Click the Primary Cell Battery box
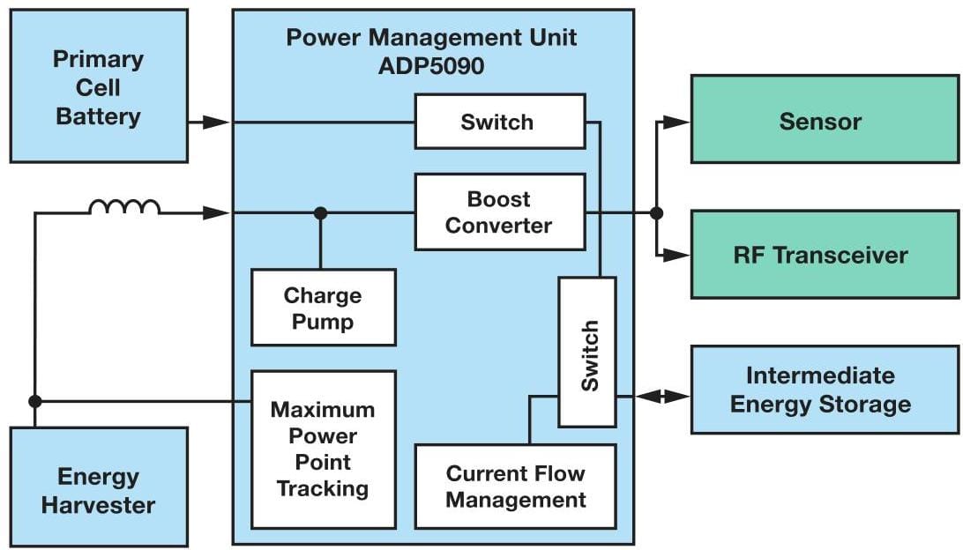[99, 86]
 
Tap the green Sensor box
[824, 120]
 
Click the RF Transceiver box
[824, 255]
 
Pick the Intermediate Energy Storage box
[824, 390]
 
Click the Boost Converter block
[499, 212]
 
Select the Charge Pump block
[323, 308]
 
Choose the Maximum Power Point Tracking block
[323, 449]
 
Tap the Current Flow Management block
[515, 487]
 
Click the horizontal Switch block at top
[499, 122]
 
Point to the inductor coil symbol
[124, 207]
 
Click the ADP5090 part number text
[432, 66]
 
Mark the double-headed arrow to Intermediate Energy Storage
[661, 398]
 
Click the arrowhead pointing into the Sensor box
[677, 122]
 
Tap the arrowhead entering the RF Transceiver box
[677, 255]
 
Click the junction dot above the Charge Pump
[320, 212]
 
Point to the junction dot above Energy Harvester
[35, 401]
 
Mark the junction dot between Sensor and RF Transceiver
[655, 212]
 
